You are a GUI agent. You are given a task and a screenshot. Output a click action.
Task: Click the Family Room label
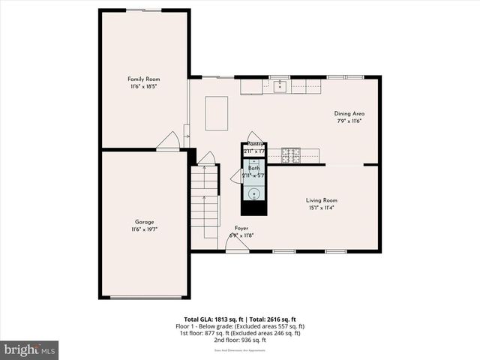point(143,79)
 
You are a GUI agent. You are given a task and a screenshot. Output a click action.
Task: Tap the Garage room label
point(145,222)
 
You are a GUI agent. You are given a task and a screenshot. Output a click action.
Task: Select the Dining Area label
point(349,113)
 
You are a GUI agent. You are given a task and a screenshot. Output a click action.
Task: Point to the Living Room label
point(321,200)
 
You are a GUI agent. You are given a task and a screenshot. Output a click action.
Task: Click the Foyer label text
point(241,228)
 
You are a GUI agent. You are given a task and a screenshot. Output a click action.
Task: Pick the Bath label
point(254,168)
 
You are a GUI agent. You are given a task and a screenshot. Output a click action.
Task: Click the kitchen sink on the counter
point(280,86)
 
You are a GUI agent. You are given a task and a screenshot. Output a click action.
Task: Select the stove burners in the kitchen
point(291,155)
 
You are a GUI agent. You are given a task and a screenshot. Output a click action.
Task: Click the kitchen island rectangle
point(217,113)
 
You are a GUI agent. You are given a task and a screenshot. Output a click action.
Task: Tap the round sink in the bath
point(254,193)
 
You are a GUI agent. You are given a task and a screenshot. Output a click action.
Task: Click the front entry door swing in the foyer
point(237,244)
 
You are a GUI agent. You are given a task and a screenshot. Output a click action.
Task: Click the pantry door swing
point(255,136)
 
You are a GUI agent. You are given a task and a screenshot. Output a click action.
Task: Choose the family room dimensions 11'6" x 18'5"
point(143,87)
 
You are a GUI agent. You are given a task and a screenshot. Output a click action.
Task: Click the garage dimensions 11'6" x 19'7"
point(145,229)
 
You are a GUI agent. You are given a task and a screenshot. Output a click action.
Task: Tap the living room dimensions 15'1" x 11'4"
point(321,208)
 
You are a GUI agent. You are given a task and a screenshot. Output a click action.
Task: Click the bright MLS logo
point(29,349)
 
